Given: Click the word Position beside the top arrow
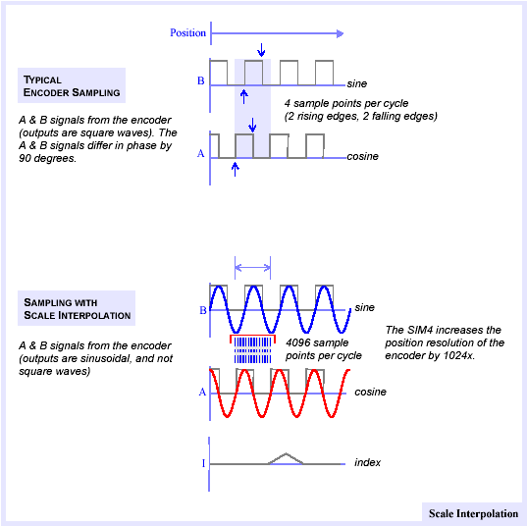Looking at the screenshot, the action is pos(187,33).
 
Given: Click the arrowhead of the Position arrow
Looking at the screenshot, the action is pos(340,33).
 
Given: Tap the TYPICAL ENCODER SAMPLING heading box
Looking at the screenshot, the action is pos(72,85).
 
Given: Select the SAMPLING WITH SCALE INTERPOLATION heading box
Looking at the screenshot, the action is pos(77,308).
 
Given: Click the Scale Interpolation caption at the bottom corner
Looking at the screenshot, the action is pos(473,513).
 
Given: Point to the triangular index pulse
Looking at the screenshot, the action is pos(286,458).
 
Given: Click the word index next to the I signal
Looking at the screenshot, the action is pos(367,462).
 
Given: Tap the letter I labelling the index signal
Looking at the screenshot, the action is pos(203,463).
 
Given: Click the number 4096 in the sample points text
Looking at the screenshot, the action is pos(299,342).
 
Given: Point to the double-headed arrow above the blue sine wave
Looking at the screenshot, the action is pos(252,268).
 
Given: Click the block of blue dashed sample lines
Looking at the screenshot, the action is pos(252,350).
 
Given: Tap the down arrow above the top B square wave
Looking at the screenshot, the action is pos(261,50).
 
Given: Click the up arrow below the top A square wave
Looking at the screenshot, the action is pos(236,169).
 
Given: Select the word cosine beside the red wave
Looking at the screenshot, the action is pos(370,392).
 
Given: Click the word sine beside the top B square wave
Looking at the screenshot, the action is pos(357,83).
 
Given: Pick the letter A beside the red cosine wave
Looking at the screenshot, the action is pos(202,392).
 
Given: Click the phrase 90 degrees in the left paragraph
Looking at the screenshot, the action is pos(47,158).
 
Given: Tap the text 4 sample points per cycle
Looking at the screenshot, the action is pos(346,103).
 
